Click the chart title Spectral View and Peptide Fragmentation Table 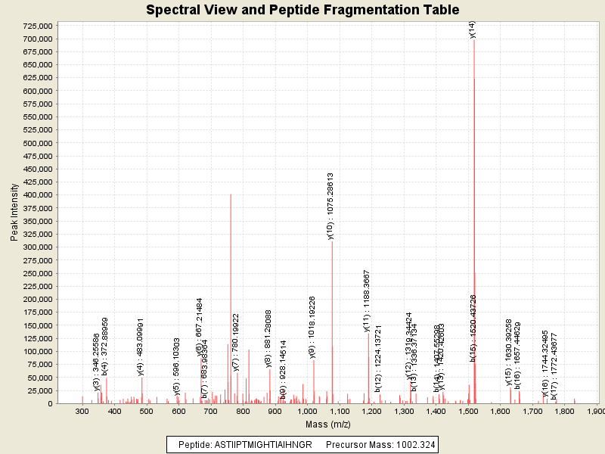point(302,11)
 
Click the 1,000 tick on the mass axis point(307,411)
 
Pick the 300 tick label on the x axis point(82,411)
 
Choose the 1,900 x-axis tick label point(595,411)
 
